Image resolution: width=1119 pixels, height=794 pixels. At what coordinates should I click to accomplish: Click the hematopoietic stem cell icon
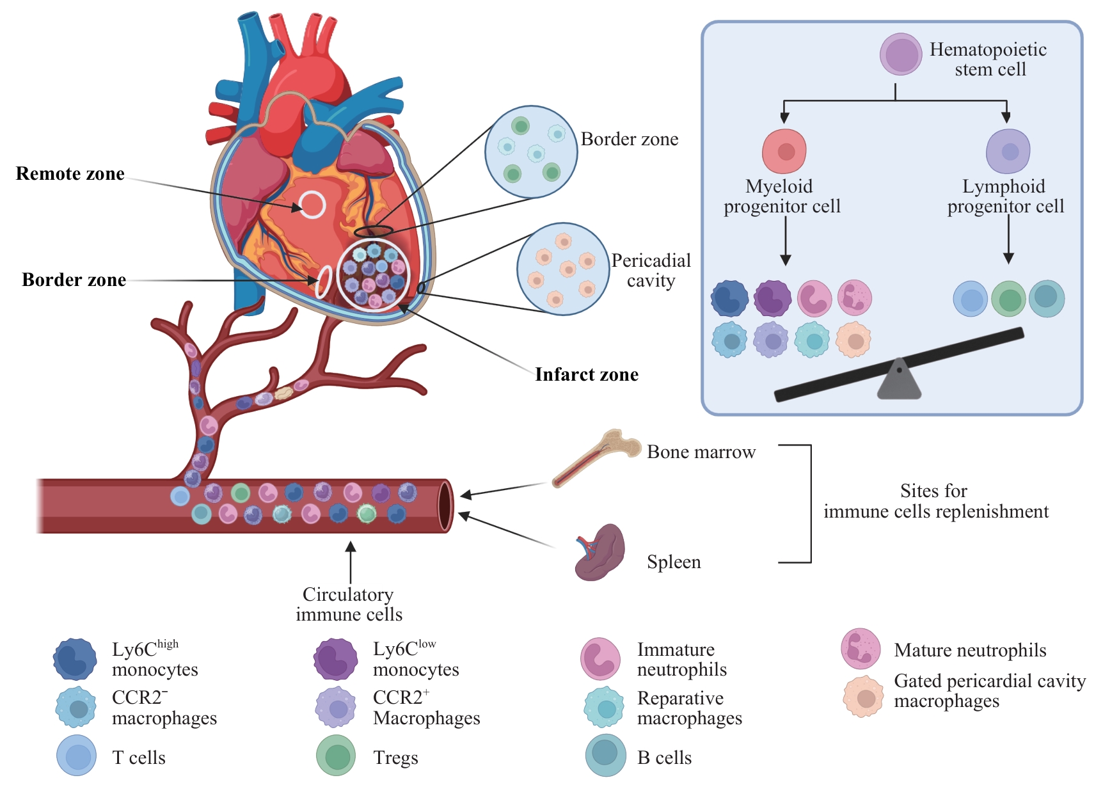click(901, 54)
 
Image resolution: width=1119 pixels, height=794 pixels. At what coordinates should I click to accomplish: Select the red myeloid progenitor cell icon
click(784, 152)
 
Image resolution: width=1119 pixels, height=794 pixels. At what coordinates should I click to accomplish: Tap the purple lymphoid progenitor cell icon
click(1008, 152)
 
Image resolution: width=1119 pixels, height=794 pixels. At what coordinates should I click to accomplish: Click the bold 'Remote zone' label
click(70, 174)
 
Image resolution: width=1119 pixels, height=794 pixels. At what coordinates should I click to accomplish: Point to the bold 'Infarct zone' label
click(587, 375)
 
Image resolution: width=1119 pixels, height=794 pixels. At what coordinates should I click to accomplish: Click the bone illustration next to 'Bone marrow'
click(596, 457)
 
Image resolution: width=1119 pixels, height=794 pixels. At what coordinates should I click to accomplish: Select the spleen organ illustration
click(599, 553)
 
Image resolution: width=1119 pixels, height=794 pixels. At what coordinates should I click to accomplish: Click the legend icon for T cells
click(77, 756)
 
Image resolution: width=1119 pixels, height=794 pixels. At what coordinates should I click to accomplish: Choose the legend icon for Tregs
click(336, 756)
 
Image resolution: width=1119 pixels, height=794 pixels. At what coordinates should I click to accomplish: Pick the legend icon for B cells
click(605, 756)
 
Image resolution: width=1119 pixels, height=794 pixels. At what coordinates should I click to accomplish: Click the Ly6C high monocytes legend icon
click(75, 659)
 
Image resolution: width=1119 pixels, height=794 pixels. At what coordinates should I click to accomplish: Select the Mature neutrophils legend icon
click(861, 649)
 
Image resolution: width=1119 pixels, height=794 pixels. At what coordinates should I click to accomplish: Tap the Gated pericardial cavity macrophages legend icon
click(863, 697)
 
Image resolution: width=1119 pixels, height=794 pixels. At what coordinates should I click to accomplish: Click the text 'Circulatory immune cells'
click(349, 605)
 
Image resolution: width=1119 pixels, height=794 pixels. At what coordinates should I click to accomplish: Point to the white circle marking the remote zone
click(312, 205)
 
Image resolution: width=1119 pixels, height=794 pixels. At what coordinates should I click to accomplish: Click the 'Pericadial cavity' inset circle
click(563, 269)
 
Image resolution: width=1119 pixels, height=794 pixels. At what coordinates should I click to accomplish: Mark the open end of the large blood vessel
click(445, 505)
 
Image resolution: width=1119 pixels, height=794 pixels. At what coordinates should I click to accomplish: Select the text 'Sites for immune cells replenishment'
click(935, 501)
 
